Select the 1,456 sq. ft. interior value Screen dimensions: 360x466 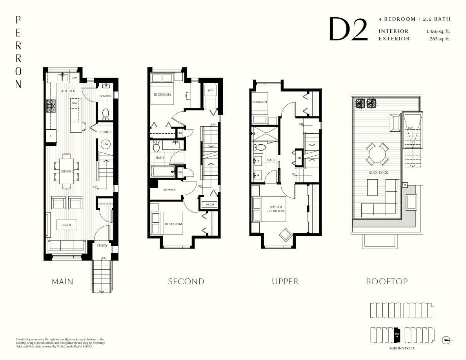(438, 31)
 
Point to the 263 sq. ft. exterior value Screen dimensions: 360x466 (440, 38)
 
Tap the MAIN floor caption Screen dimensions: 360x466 (62, 282)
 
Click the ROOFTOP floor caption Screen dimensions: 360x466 (387, 282)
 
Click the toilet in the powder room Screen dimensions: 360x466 (105, 114)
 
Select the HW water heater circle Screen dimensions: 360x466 (106, 144)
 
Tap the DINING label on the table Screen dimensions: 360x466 (66, 171)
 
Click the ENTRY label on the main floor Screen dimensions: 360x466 (102, 246)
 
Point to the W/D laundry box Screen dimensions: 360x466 (210, 91)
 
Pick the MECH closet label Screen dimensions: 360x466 (207, 204)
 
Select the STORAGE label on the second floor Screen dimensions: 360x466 (169, 189)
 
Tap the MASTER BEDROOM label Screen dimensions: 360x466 (277, 209)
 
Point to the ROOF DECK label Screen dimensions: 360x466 (376, 172)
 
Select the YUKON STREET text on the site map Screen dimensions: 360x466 (402, 348)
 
